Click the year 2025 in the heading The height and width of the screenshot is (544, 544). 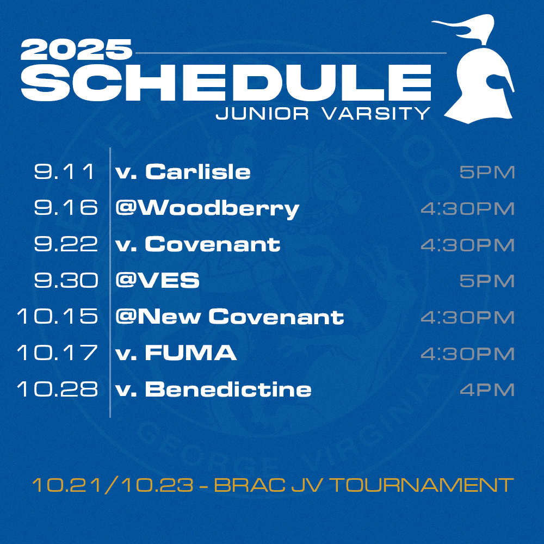(x=76, y=50)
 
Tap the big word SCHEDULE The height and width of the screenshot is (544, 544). (x=226, y=83)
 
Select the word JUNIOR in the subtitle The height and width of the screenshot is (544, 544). (x=262, y=114)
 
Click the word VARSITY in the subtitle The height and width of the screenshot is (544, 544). (x=376, y=114)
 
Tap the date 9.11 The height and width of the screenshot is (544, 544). (x=65, y=171)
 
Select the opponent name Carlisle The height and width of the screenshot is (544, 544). (x=198, y=171)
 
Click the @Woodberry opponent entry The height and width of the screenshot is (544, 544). (x=207, y=209)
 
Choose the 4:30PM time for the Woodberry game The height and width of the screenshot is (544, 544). (x=467, y=208)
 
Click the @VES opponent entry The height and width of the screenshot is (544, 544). (x=158, y=280)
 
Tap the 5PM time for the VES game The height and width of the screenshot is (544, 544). (x=487, y=281)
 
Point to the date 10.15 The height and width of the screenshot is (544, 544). (x=58, y=317)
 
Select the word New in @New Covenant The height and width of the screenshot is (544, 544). (x=170, y=317)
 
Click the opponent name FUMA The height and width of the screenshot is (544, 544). (x=191, y=353)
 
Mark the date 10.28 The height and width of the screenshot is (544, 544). (x=58, y=389)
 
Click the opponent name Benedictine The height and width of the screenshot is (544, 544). (x=228, y=389)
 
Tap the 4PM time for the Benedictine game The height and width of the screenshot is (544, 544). (x=487, y=390)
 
